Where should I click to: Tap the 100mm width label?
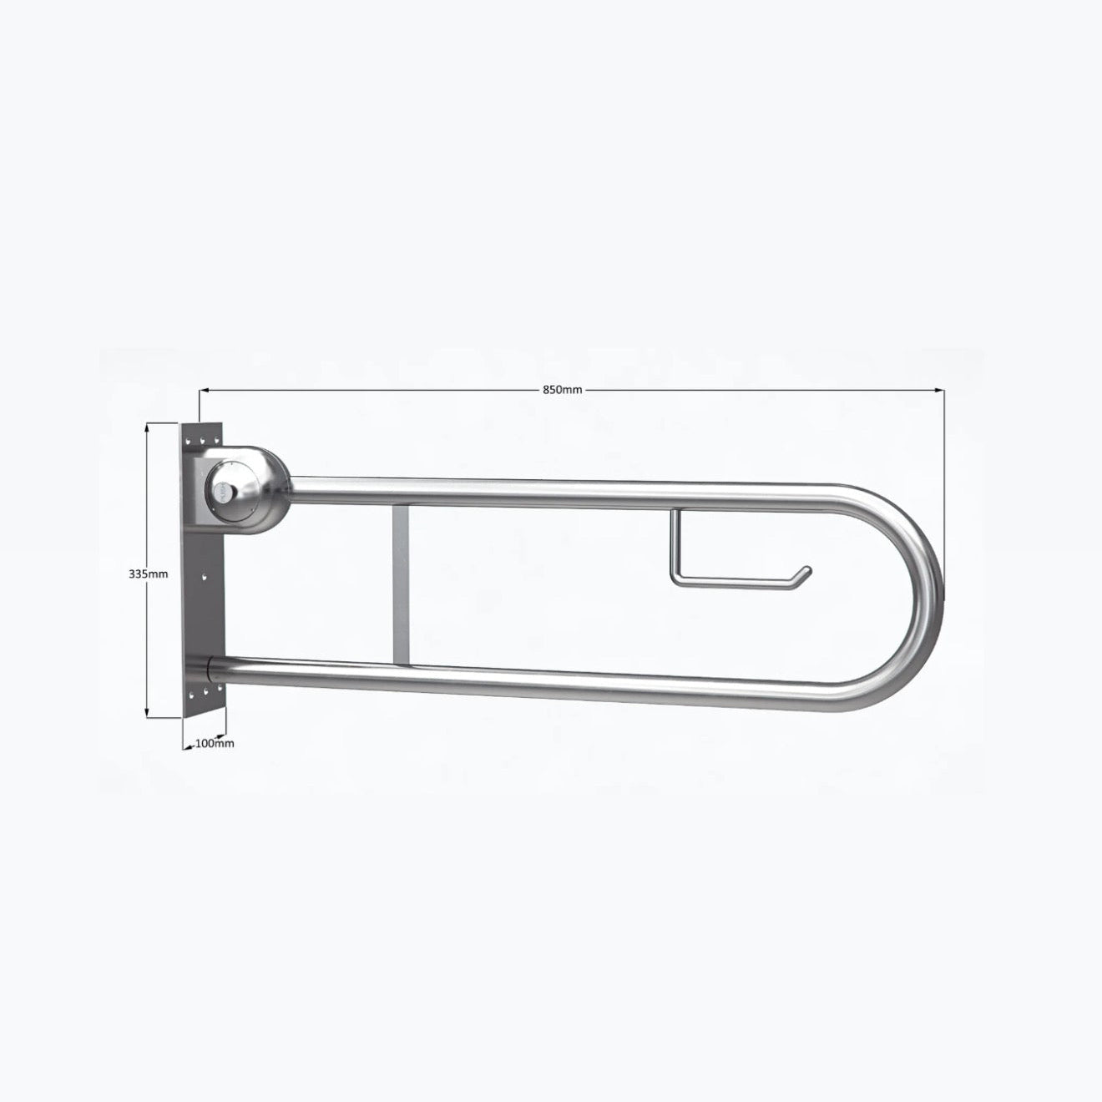click(x=215, y=742)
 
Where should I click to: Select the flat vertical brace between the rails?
click(x=399, y=584)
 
